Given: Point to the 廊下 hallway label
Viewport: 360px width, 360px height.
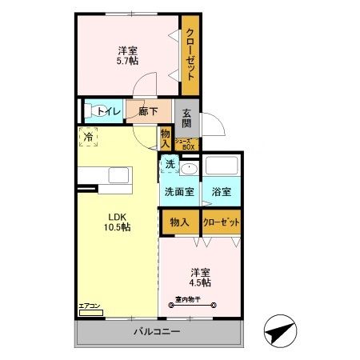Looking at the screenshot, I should [147, 112].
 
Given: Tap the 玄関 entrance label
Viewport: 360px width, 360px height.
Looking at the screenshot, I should [186, 118].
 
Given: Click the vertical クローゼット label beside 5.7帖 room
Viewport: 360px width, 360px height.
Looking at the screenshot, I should [190, 54].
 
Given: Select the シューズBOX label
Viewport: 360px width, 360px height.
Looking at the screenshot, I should [186, 144].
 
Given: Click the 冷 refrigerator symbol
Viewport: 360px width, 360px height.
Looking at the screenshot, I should [89, 138].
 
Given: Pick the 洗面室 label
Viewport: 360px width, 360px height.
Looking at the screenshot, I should [179, 192].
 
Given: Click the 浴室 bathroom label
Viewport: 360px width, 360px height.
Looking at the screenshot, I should [221, 192].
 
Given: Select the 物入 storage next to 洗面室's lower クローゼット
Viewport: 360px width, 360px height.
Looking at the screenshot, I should [179, 222].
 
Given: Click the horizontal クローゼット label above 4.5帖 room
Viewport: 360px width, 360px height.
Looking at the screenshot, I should [221, 222].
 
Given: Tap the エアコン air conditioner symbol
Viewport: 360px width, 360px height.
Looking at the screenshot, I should [90, 309].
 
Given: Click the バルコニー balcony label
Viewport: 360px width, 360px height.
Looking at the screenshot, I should [156, 332].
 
